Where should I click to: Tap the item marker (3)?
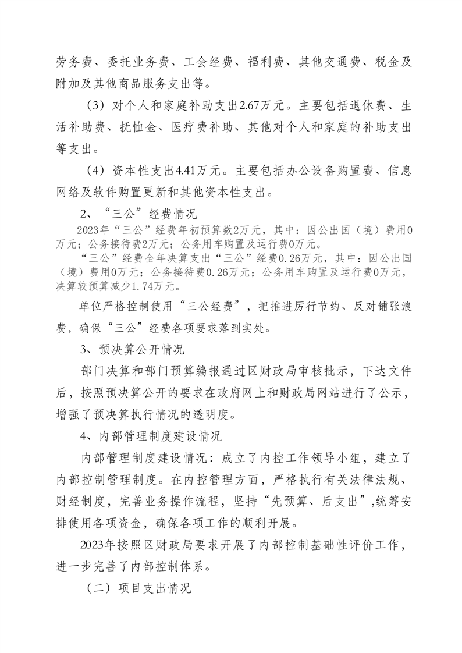[94, 106]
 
